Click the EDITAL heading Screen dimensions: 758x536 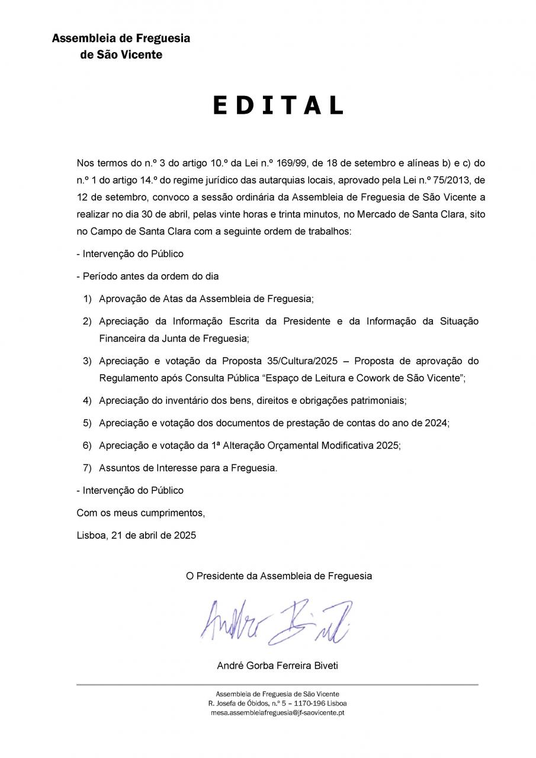pos(278,105)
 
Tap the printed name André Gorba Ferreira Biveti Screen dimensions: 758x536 pos(278,666)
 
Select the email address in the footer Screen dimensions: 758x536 pos(278,712)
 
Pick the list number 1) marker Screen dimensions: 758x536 pos(87,298)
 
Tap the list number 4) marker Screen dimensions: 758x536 pos(87,400)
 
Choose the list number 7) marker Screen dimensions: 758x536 pos(87,468)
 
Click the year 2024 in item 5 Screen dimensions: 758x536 pos(436,423)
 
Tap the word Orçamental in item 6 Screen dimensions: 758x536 pos(292,445)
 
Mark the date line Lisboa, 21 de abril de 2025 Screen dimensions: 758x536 pos(136,535)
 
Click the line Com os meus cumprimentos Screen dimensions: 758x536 pos(141,513)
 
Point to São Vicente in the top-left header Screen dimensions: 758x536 pos(129,54)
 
